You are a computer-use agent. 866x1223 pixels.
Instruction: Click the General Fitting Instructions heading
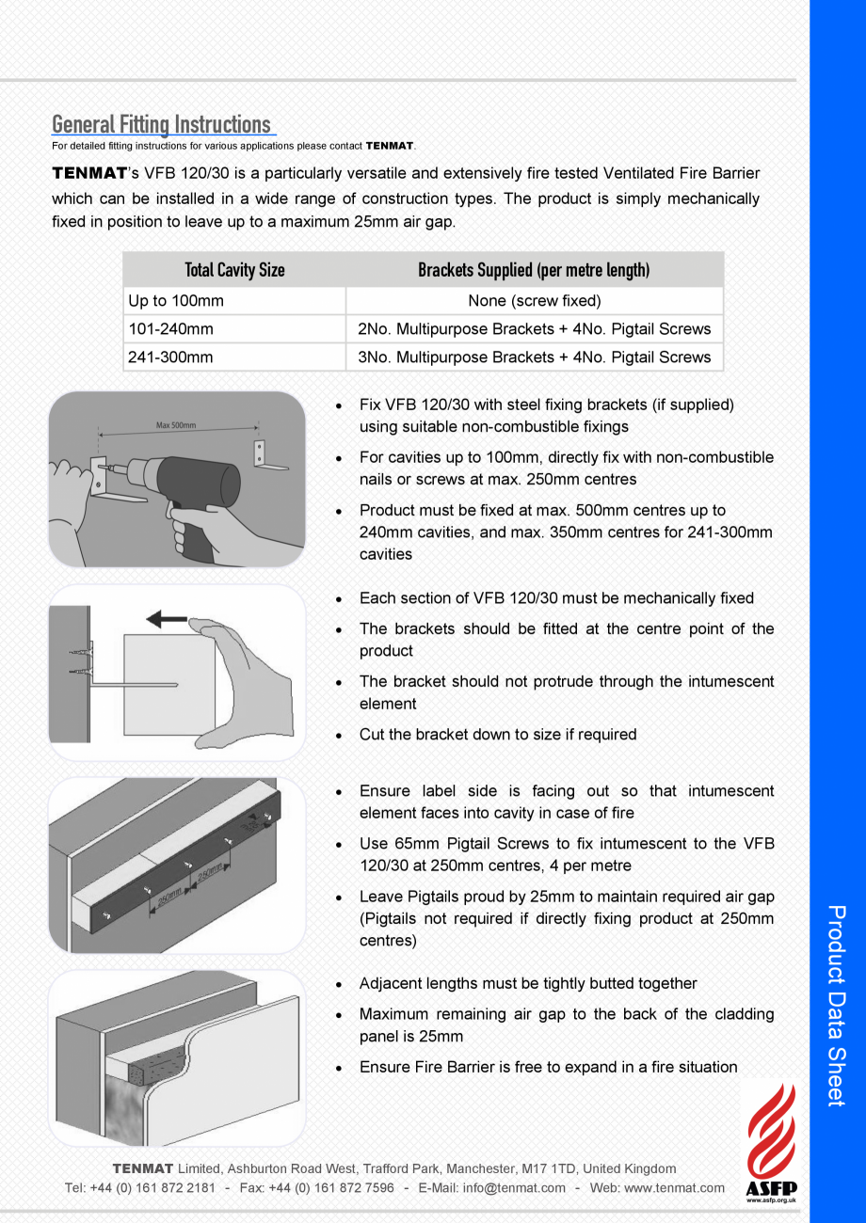click(x=162, y=124)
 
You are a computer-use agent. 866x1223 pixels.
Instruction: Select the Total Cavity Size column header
click(x=234, y=271)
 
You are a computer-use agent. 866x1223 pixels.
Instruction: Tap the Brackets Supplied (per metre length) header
click(x=534, y=271)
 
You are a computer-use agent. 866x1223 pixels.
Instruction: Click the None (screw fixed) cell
click(x=534, y=301)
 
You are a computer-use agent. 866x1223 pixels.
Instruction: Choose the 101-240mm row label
click(x=170, y=329)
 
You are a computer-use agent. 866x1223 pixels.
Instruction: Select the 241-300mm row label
click(x=170, y=357)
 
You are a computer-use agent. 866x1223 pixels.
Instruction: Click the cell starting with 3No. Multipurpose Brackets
click(x=534, y=357)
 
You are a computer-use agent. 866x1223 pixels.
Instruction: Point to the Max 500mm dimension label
click(x=176, y=426)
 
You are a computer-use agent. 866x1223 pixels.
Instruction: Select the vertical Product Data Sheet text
click(x=837, y=1006)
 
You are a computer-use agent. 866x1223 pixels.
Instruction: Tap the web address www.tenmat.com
click(x=674, y=1188)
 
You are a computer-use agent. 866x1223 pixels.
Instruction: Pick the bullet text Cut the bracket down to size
click(x=497, y=735)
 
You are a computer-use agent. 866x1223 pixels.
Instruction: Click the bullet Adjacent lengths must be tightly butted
click(x=527, y=984)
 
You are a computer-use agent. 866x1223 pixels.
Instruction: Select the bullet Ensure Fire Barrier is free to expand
click(x=548, y=1068)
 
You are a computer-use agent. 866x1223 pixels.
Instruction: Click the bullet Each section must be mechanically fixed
click(x=555, y=598)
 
